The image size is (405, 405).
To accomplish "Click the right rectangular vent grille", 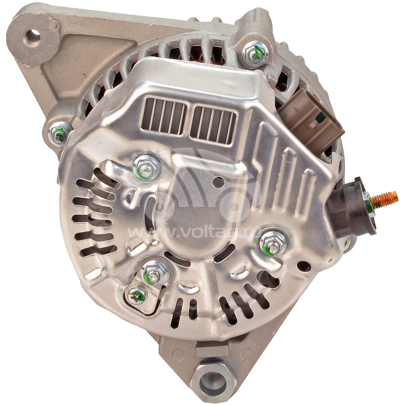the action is pyautogui.click(x=213, y=125).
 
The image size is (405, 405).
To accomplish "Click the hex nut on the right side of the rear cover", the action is pyautogui.click(x=273, y=243).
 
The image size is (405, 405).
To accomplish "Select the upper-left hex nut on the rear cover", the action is pyautogui.click(x=147, y=168).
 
